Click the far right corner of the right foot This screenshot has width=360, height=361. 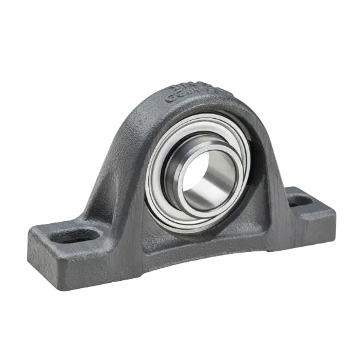(334, 213)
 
